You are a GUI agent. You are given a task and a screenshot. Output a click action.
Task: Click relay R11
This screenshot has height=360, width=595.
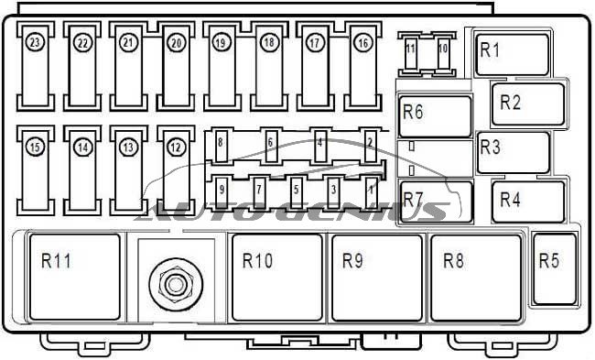(74, 276)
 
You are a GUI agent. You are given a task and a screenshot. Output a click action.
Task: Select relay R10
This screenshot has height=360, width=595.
(276, 277)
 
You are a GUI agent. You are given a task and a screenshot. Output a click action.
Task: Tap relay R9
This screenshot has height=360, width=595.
(375, 277)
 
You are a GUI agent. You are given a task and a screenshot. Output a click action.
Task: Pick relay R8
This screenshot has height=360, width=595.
(475, 277)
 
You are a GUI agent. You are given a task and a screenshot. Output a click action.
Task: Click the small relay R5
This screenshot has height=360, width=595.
(554, 267)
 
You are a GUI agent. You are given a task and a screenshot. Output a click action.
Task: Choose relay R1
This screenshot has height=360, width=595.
(512, 54)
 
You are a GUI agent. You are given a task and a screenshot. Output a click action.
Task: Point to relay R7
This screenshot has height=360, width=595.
(436, 202)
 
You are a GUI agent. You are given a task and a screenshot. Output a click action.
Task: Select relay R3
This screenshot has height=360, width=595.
(513, 152)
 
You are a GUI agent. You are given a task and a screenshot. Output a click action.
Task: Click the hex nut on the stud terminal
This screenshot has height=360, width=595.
(173, 282)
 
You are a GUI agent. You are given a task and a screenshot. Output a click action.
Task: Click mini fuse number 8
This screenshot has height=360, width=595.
(222, 142)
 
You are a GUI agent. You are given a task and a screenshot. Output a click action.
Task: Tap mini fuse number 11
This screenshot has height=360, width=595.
(411, 52)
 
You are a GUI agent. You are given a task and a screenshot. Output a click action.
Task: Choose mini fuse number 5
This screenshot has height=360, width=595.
(296, 189)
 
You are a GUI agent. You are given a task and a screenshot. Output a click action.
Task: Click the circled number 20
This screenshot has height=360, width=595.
(176, 42)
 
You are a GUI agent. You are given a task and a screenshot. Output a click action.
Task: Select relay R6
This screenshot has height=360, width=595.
(435, 116)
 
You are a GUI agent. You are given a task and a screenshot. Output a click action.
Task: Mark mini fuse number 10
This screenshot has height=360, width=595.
(443, 52)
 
